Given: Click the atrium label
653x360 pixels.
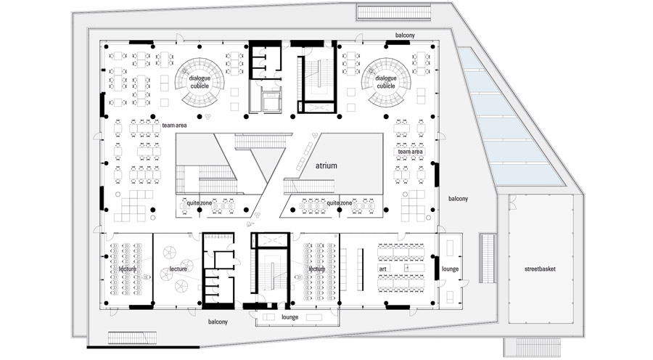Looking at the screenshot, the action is point(326,165).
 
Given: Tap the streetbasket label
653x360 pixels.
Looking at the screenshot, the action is point(540,269).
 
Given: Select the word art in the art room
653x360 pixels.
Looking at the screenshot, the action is point(382,269).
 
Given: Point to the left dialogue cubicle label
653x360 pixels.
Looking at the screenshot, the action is point(200,82).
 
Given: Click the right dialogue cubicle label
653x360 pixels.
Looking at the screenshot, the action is point(386,82).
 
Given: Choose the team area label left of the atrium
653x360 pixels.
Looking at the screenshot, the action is point(174,126).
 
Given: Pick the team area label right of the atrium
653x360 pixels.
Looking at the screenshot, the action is point(410,152).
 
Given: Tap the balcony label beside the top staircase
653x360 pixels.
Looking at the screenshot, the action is point(405,36).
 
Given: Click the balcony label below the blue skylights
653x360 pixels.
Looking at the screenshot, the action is point(458,199).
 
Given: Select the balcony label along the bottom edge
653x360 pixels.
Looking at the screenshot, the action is point(218,322).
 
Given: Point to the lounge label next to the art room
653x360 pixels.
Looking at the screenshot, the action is point(450,269).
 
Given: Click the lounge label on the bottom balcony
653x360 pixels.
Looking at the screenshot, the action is point(289,317).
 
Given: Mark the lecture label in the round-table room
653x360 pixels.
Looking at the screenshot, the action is point(178,269).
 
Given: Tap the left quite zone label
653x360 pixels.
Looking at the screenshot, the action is point(199,203).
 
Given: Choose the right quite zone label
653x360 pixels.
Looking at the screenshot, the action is point(340,203).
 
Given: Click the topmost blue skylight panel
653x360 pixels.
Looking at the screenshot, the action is point(471,58).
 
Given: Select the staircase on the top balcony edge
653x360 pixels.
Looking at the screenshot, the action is point(393,12).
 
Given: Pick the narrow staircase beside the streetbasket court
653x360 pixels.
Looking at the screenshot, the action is point(488,258).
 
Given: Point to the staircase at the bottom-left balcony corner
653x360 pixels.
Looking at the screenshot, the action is point(133,338).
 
